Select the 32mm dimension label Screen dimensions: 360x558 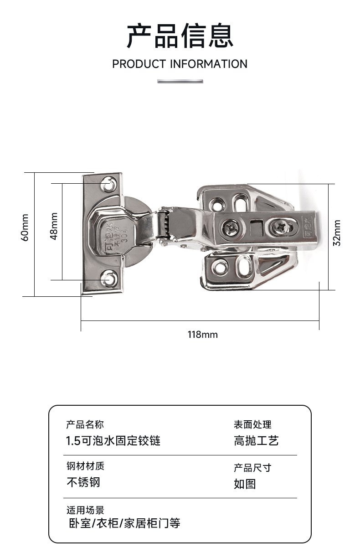(x=337, y=232)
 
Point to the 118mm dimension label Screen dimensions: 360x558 (x=203, y=335)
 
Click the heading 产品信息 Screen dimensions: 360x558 (x=180, y=36)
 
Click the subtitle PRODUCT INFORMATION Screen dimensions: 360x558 (x=180, y=64)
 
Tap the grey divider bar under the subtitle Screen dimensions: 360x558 (x=180, y=81)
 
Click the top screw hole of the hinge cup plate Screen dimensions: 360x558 (x=108, y=184)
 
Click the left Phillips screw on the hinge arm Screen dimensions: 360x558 (x=229, y=225)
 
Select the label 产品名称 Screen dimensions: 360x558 (x=85, y=424)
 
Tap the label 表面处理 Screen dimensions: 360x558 (x=252, y=424)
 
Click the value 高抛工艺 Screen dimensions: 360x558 (x=256, y=441)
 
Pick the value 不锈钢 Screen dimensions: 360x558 (x=83, y=482)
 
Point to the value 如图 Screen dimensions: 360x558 (x=245, y=484)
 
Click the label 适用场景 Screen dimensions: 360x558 (x=85, y=510)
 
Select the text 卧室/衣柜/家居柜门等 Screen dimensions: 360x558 (x=124, y=523)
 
